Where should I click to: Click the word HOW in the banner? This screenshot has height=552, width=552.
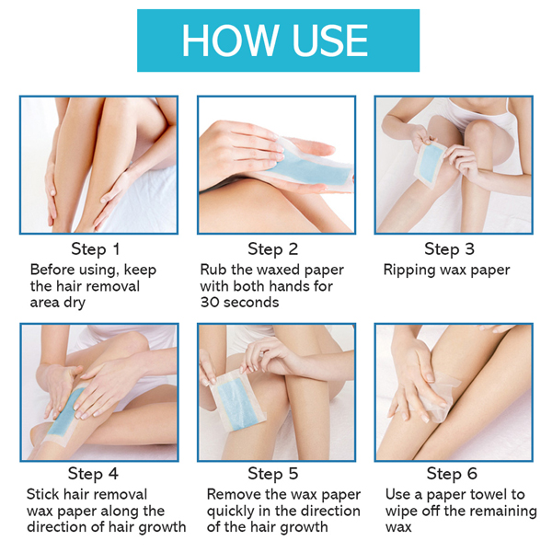[228, 40]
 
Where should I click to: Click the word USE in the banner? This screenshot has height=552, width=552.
[329, 40]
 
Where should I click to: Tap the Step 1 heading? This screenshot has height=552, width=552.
[96, 249]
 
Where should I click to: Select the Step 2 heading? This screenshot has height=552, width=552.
[273, 249]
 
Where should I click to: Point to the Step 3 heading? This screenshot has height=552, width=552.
[450, 249]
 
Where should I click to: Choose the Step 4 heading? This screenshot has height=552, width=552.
[93, 474]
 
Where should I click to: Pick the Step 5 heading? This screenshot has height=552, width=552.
[273, 474]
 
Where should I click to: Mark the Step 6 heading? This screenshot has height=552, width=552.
[452, 474]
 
